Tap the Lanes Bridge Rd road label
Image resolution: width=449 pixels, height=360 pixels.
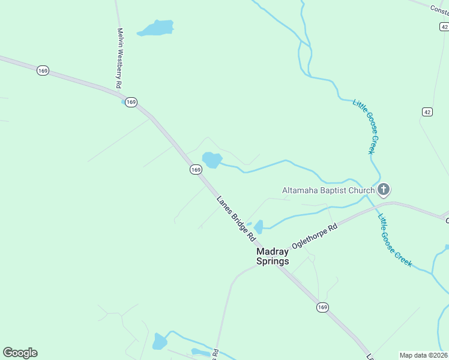point(235,218)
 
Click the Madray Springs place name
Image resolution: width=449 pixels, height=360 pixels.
point(273,256)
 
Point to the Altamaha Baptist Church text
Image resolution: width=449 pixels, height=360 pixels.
point(328,191)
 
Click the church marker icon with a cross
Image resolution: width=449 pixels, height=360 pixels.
point(384,191)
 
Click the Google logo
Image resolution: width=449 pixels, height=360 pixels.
point(20,353)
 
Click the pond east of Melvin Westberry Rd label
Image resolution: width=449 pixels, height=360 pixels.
point(157,28)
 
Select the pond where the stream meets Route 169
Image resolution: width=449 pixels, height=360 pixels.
point(211,160)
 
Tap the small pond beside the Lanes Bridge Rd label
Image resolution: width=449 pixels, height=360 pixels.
point(259,227)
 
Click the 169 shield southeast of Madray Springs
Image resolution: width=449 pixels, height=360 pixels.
point(322,307)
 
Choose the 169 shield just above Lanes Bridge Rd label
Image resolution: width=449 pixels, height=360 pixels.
point(196,170)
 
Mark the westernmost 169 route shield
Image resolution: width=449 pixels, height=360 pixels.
point(42,71)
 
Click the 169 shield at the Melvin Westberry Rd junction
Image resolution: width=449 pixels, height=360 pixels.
point(131,101)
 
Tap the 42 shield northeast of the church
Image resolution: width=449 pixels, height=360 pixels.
point(427,112)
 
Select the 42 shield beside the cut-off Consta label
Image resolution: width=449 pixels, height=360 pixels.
point(443,26)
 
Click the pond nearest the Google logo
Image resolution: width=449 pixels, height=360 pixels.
point(160,341)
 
